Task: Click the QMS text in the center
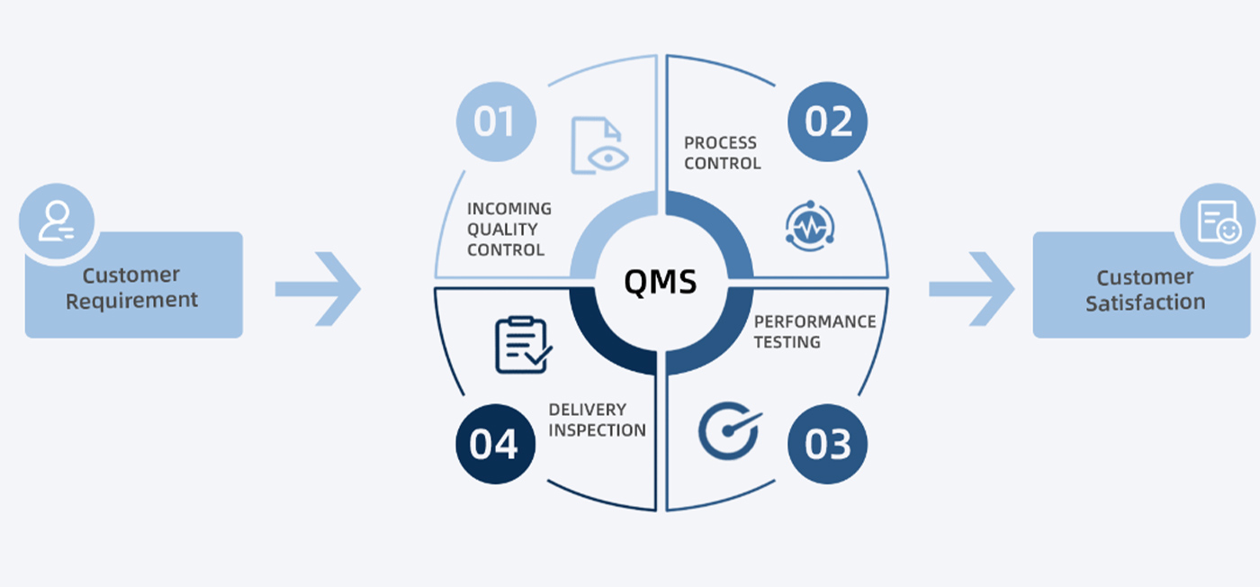[x=661, y=282]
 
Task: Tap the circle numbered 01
[x=496, y=122]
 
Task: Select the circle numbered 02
[x=827, y=122]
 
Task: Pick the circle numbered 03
[x=827, y=444]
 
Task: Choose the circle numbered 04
[x=496, y=444]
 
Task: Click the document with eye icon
[x=599, y=145]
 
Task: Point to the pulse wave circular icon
[x=810, y=226]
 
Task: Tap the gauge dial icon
[x=730, y=430]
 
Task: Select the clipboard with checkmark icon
[x=523, y=345]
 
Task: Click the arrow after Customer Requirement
[x=318, y=289]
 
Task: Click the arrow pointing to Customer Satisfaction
[x=971, y=289]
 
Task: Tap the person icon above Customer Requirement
[x=56, y=221]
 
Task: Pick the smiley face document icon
[x=1219, y=221]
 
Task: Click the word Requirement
[x=131, y=301]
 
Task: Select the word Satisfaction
[x=1145, y=303]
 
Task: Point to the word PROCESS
[x=720, y=143]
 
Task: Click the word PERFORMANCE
[x=815, y=321]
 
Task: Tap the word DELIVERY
[x=587, y=409]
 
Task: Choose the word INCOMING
[x=509, y=209]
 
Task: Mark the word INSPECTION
[x=597, y=430]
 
